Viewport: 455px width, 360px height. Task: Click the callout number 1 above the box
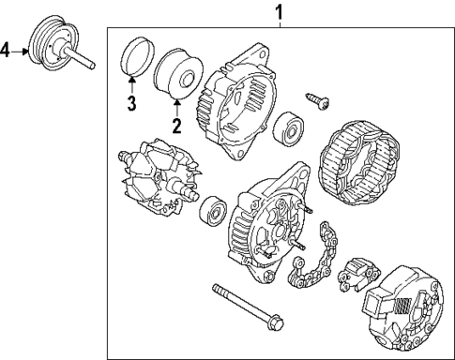point(278,11)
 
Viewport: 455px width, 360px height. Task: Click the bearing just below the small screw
point(286,128)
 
